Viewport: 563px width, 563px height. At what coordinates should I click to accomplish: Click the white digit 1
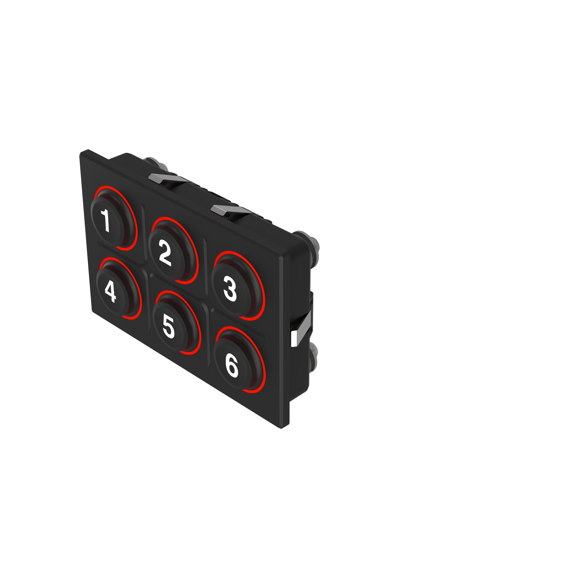[106, 220]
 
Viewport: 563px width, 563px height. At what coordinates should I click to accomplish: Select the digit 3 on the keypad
[230, 289]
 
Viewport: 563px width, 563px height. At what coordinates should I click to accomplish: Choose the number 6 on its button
[232, 367]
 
